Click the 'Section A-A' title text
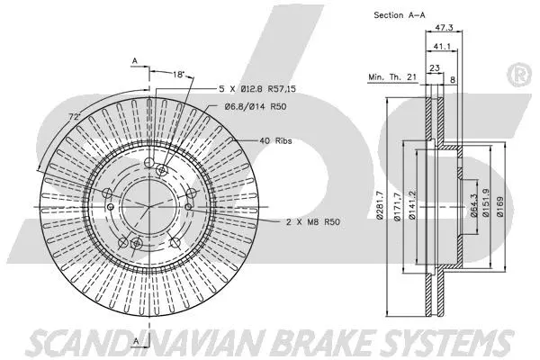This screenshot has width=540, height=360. tap(400, 15)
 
